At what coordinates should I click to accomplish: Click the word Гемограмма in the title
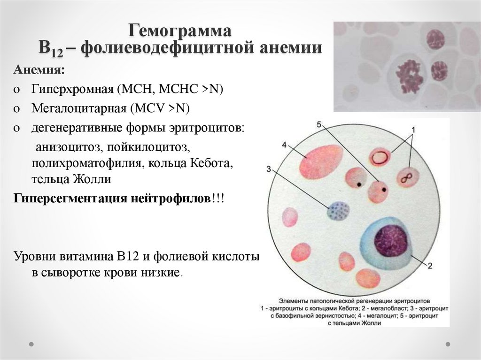[179, 31]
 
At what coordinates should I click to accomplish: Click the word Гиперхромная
[73, 89]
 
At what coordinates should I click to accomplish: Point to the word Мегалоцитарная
[79, 108]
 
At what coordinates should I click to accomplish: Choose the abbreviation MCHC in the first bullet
[178, 89]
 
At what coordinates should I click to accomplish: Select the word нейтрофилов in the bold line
[171, 199]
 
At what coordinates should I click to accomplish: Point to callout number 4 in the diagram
[284, 145]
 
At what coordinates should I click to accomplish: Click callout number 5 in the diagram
[319, 124]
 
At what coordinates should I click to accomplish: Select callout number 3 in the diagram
[269, 169]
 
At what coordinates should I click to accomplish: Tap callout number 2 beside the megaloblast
[430, 266]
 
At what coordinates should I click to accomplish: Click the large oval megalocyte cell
[321, 162]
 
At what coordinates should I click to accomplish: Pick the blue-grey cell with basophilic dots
[338, 210]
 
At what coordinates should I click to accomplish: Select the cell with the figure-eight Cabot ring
[408, 178]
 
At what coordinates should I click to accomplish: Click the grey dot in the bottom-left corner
[31, 345]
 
